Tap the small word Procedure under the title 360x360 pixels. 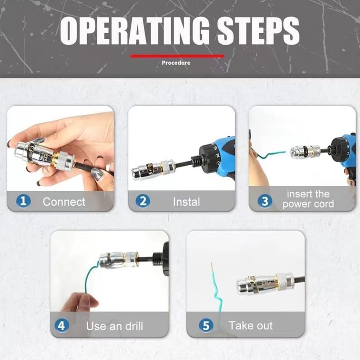[x=176, y=63]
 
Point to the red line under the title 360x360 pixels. [x=177, y=56]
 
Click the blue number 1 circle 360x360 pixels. [x=23, y=201]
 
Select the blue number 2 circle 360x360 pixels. [x=143, y=201]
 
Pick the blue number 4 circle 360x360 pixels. [x=63, y=325]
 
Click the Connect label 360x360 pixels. [x=64, y=202]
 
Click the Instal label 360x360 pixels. [x=186, y=202]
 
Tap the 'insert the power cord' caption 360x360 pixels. [x=308, y=199]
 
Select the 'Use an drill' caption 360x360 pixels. [x=114, y=325]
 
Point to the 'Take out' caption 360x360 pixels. [x=250, y=325]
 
